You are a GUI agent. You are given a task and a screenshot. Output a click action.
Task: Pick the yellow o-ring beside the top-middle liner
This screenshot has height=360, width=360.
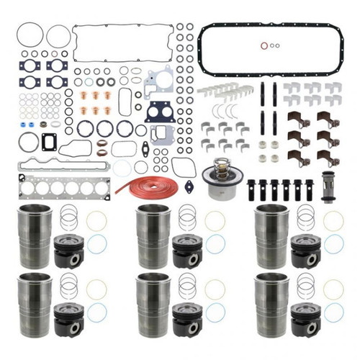point(215,222)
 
